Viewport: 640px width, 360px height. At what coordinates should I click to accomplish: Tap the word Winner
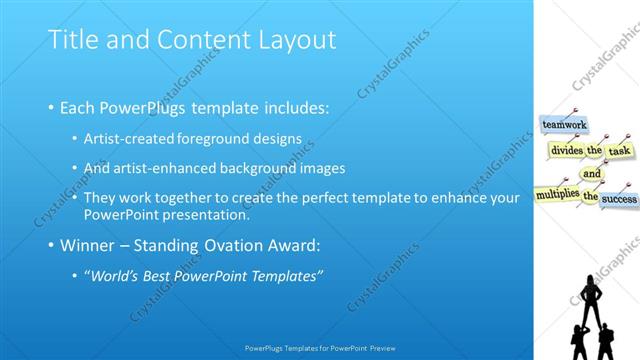click(x=92, y=246)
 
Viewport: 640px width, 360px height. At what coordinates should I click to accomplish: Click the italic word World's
click(x=115, y=275)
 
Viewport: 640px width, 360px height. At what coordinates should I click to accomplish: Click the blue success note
click(x=619, y=199)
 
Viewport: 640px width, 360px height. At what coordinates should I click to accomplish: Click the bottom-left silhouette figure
click(x=578, y=341)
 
